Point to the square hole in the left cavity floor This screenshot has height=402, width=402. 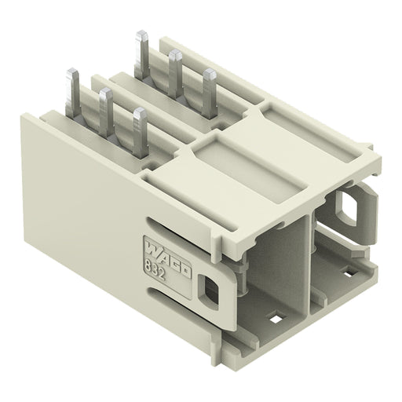point(276,319)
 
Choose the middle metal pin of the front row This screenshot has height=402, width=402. point(106,112)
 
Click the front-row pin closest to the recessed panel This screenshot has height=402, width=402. point(140,133)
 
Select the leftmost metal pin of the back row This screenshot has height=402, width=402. point(142,54)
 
